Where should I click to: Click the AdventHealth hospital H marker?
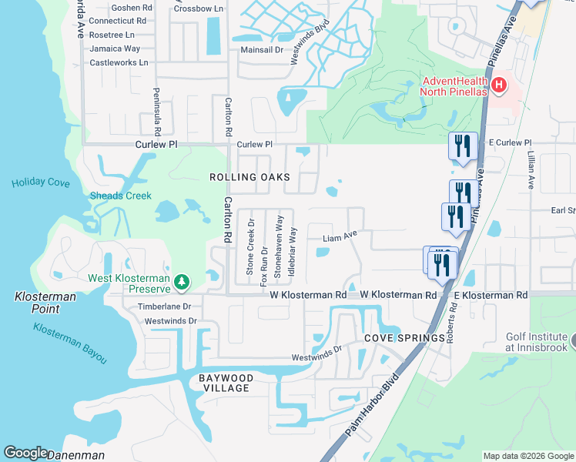pyautogui.click(x=499, y=85)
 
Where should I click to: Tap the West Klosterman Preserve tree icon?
pyautogui.click(x=182, y=283)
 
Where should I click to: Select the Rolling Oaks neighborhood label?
pyautogui.click(x=250, y=177)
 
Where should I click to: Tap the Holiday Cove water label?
pyautogui.click(x=41, y=183)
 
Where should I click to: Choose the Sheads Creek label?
pyautogui.click(x=121, y=196)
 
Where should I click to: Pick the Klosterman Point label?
pyautogui.click(x=37, y=303)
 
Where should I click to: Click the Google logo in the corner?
pyautogui.click(x=25, y=454)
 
